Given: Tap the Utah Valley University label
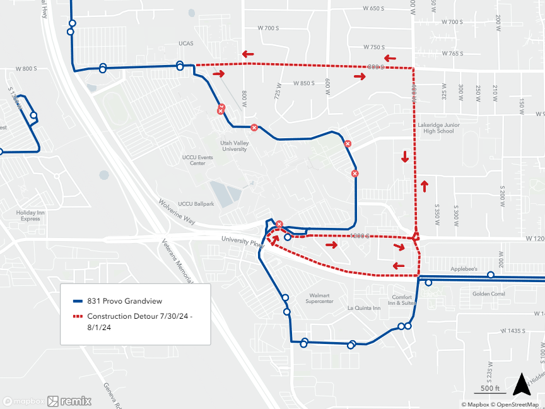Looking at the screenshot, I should (x=234, y=146).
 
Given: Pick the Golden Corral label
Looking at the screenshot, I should (x=489, y=293).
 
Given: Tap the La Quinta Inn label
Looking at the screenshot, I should (x=364, y=308).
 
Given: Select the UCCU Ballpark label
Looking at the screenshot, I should (x=196, y=204).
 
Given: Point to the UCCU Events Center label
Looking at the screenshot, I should (x=198, y=160).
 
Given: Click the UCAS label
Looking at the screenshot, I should (x=185, y=44).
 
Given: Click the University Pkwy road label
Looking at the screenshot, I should (x=241, y=240).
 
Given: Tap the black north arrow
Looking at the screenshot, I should (x=520, y=384).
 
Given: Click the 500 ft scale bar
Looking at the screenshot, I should (x=490, y=389).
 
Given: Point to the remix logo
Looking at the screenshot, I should (x=69, y=401).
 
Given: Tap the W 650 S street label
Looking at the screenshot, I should (x=373, y=8).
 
